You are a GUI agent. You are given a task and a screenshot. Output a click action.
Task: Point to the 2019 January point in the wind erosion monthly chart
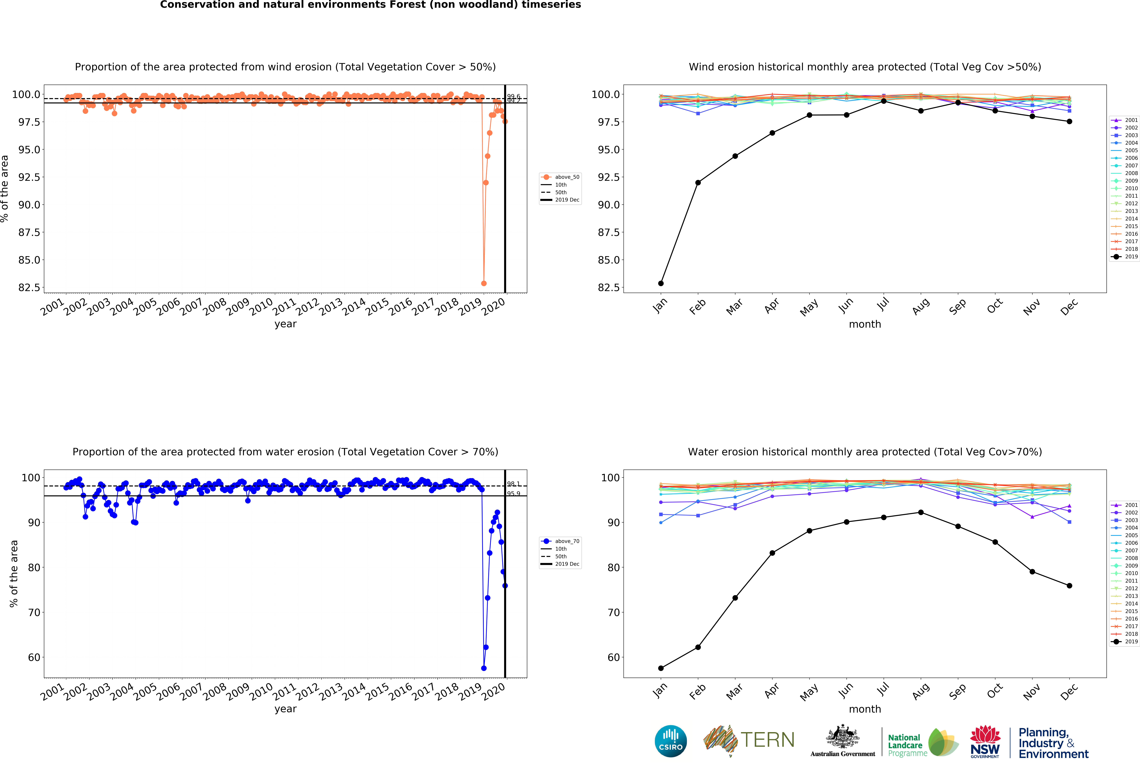coord(661,283)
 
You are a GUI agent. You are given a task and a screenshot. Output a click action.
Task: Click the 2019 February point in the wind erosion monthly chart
coord(698,183)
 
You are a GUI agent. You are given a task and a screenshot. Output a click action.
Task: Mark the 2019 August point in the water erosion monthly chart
coord(921,512)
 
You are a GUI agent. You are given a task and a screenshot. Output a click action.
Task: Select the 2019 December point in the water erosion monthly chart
coord(1069,586)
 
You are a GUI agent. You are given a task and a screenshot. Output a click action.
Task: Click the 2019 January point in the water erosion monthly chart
coord(661,668)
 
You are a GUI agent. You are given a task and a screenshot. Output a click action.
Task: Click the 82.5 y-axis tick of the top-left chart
coord(29,288)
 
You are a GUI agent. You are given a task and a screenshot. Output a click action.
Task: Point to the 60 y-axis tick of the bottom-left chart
coord(34,657)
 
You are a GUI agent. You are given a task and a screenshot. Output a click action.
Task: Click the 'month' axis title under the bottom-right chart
coord(865,709)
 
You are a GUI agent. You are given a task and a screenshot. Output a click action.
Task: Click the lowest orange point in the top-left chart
coord(484,283)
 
